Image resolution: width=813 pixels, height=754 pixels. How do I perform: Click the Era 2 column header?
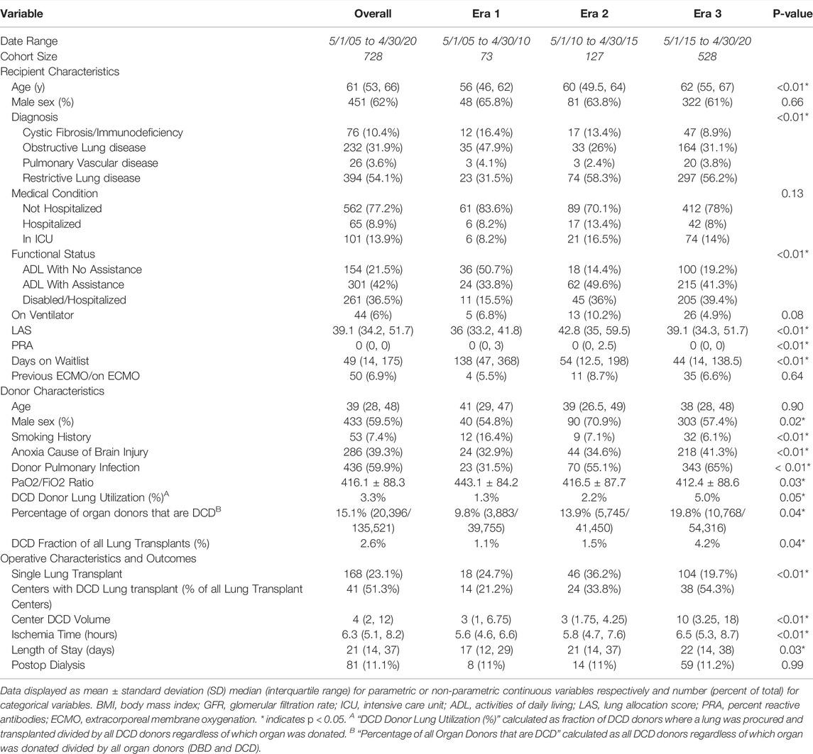click(594, 13)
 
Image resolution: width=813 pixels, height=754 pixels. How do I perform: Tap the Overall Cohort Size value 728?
click(373, 57)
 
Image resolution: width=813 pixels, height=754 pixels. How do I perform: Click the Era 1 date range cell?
click(486, 41)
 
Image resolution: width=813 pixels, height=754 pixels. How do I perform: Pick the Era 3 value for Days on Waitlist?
click(707, 360)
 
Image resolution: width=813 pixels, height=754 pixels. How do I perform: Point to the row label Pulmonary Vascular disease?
click(90, 162)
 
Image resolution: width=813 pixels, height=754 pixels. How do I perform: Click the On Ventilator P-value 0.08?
click(792, 315)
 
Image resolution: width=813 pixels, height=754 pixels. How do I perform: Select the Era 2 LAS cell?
click(594, 330)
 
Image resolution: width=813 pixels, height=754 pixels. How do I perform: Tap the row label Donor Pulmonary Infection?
click(76, 467)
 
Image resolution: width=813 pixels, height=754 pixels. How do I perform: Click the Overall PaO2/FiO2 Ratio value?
click(373, 482)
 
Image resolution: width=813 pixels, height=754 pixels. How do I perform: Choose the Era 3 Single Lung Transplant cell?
click(707, 574)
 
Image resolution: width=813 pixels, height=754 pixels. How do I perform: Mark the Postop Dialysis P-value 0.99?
click(792, 665)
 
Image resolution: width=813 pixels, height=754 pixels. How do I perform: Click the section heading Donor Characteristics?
click(53, 391)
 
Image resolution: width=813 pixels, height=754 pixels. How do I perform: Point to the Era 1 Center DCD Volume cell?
click(486, 619)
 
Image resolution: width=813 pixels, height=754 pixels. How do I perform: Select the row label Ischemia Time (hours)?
click(65, 634)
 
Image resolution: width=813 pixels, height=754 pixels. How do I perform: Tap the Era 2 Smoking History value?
click(594, 436)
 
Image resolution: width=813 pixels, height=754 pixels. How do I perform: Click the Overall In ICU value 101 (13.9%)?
click(373, 239)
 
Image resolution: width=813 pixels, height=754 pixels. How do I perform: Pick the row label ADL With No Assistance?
click(82, 270)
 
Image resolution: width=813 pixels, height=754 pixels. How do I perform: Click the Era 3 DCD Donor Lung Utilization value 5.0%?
click(707, 498)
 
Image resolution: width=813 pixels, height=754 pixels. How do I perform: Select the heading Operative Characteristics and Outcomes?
click(99, 558)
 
